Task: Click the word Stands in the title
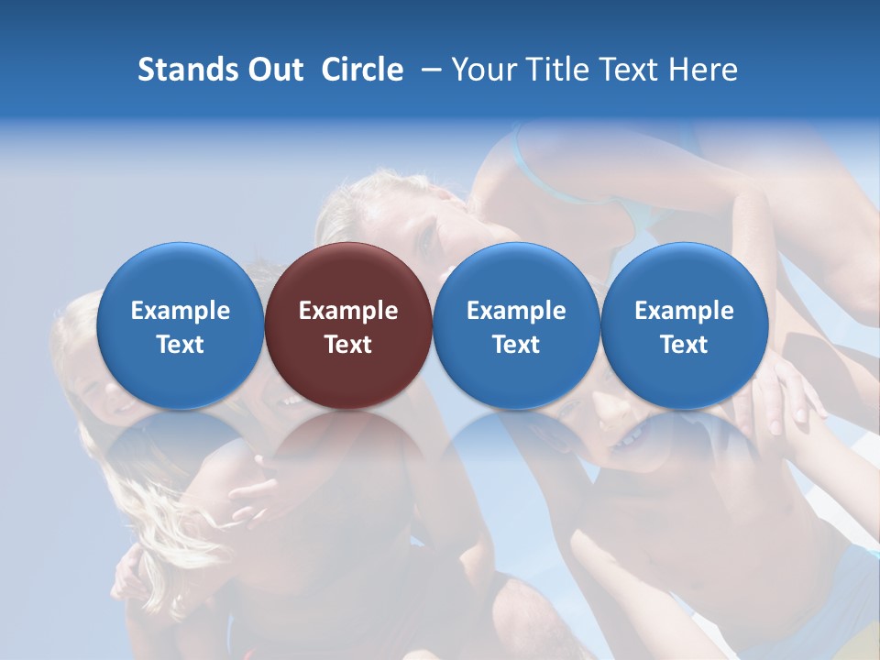coord(181,70)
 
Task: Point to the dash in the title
coord(431,71)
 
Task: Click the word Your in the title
coord(483,70)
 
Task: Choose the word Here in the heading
coord(703,70)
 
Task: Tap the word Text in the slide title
coord(630,70)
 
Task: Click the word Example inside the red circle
coord(348,311)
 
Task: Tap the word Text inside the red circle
coord(348,345)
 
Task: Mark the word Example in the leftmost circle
coord(181,311)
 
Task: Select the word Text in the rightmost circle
coord(684,345)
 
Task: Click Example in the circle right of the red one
coord(516,311)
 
